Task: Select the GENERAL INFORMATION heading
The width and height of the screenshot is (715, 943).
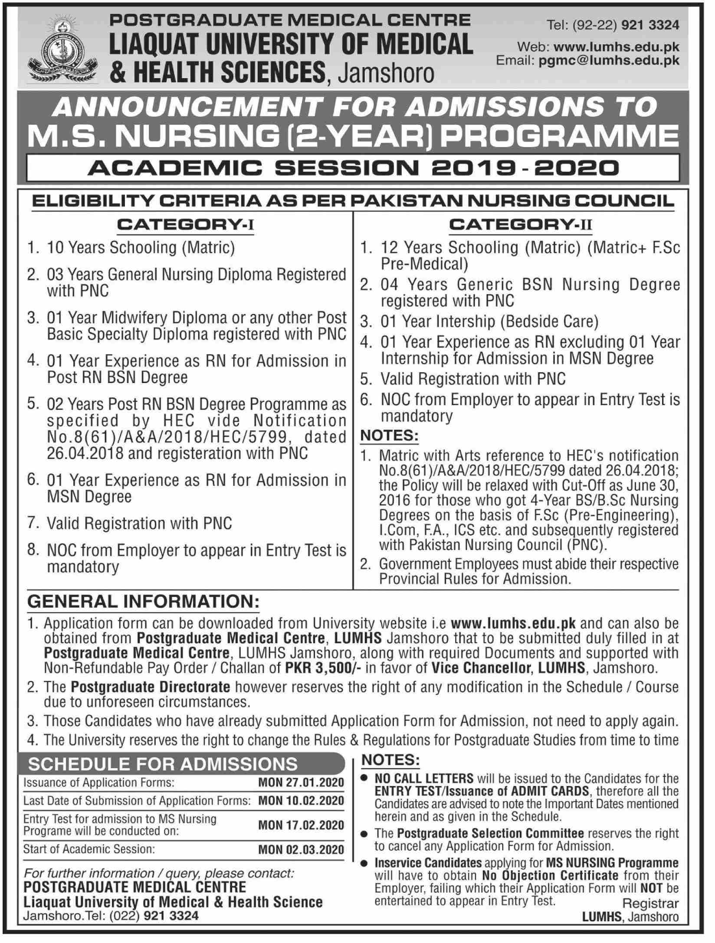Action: (144, 602)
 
